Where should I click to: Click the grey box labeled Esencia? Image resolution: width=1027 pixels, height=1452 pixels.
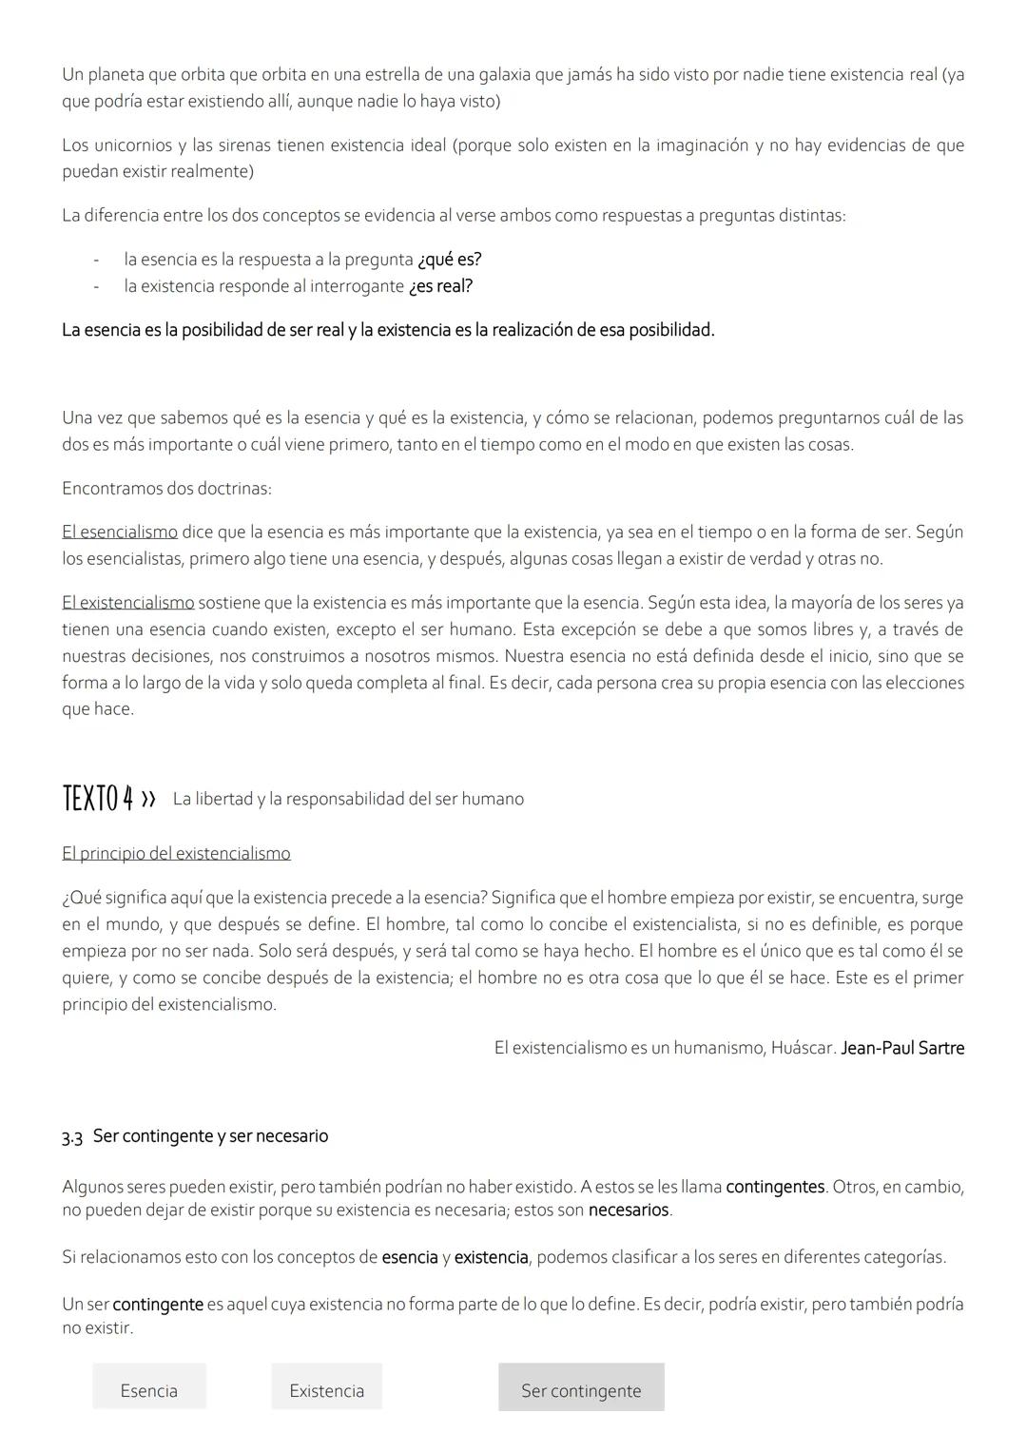click(148, 1390)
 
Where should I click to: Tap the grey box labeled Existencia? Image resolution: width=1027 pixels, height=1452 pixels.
click(326, 1390)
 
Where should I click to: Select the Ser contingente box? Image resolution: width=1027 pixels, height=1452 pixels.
click(581, 1390)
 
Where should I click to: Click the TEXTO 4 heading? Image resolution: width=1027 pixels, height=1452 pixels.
click(98, 799)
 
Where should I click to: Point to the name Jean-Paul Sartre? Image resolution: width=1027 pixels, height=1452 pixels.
click(902, 1048)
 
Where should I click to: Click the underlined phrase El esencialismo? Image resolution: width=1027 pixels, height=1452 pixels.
click(120, 532)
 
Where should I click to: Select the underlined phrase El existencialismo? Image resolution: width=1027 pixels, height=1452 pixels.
click(128, 602)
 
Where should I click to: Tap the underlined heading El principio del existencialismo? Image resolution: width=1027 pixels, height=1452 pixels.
click(176, 853)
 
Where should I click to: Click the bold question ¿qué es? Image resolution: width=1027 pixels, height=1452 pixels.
click(450, 260)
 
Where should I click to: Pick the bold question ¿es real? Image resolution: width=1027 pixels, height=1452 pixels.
click(440, 286)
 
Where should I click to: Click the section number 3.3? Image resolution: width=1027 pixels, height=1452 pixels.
click(72, 1136)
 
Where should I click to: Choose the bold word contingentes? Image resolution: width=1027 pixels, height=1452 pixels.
click(775, 1187)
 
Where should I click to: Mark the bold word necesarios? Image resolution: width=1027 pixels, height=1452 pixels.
click(629, 1210)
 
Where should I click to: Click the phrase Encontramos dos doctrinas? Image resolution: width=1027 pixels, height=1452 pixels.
click(166, 489)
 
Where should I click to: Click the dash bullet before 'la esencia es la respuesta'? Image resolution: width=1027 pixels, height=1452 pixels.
click(97, 260)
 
